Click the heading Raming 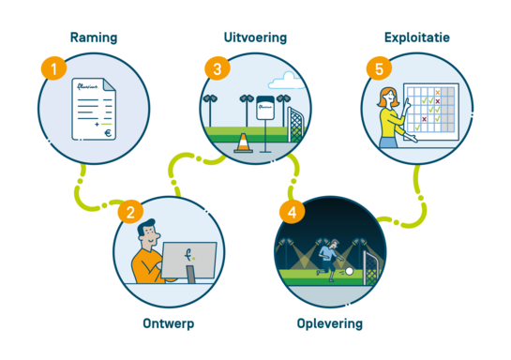(94, 37)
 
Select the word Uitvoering (255, 37)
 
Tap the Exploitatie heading (417, 37)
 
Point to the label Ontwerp (169, 322)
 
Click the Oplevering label (329, 324)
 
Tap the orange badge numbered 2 (129, 212)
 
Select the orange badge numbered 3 (217, 68)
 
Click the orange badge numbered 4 (292, 212)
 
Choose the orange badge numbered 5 (379, 68)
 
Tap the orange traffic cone (243, 143)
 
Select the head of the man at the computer (147, 232)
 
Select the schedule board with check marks (430, 112)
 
